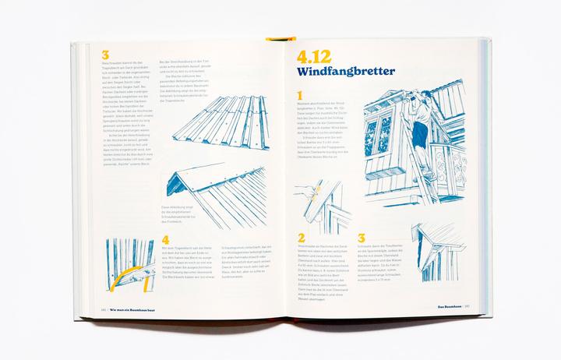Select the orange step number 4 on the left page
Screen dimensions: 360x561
164,242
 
